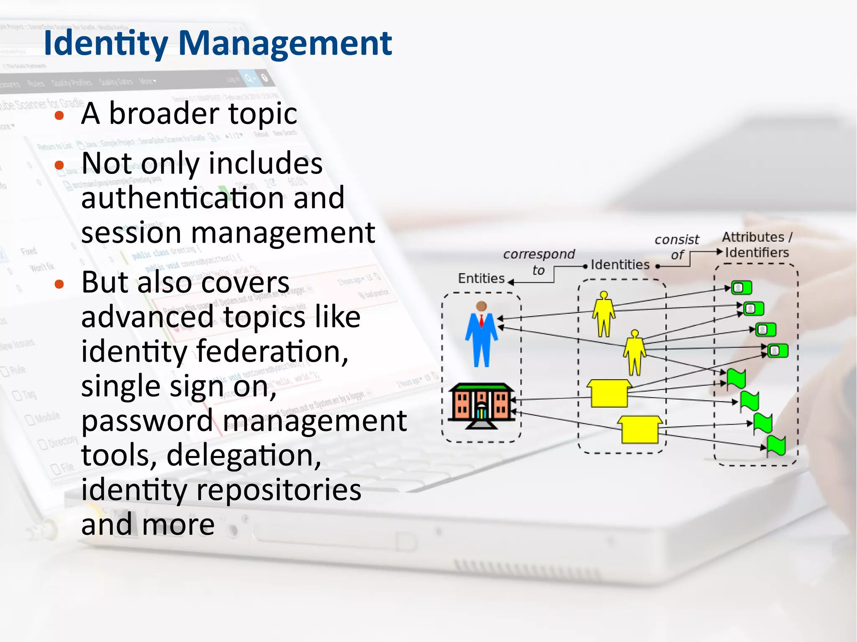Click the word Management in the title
click(285, 43)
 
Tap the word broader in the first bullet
click(164, 114)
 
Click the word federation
click(272, 352)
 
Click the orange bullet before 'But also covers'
click(59, 284)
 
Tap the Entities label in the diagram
click(481, 279)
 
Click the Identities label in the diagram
click(620, 265)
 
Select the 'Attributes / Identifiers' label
click(757, 245)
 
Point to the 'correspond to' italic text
click(539, 262)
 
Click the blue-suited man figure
click(482, 335)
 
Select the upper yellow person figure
click(603, 314)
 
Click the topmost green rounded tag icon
click(742, 288)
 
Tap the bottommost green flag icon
click(776, 445)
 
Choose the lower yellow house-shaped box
click(639, 430)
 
